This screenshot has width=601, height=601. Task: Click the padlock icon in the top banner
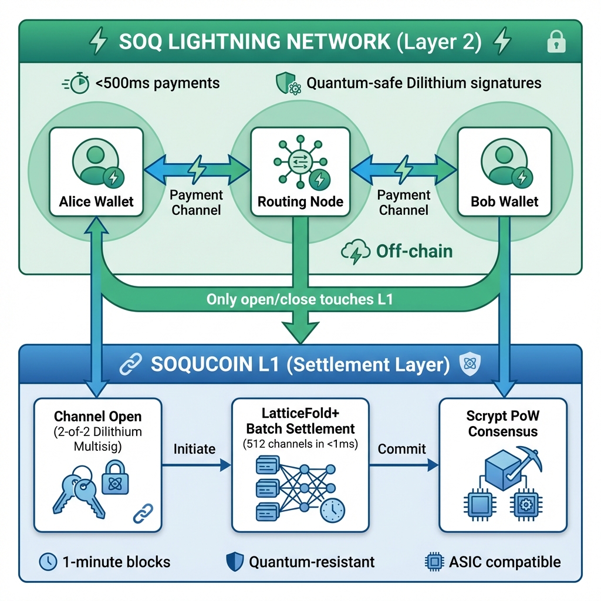[x=555, y=42]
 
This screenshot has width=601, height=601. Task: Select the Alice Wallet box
[x=96, y=172]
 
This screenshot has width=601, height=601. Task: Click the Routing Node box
[x=300, y=172]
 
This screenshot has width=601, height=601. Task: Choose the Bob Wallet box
[x=504, y=172]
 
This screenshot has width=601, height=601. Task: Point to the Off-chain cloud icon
[x=355, y=252]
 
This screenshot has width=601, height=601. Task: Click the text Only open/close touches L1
[x=299, y=299]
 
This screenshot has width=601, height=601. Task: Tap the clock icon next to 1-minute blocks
[x=47, y=562]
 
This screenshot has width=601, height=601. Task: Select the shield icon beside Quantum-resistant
[x=235, y=562]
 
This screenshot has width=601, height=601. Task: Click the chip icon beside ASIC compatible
[x=433, y=562]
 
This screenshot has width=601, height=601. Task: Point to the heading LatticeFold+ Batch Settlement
[x=300, y=421]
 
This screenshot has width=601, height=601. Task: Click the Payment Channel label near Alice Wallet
[x=196, y=202]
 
